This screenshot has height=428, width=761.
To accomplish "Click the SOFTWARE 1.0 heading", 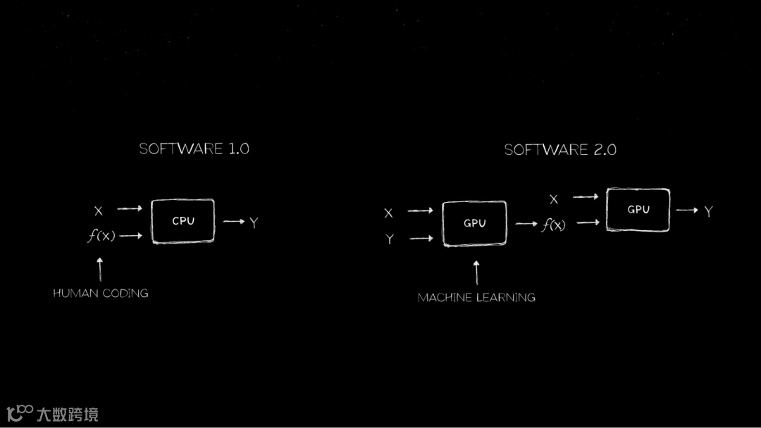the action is coord(194,149).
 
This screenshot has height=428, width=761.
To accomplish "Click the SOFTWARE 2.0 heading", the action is coord(560,149).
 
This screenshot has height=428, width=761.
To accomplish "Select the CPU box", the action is coord(183,221).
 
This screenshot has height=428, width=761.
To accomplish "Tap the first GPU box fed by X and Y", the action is coord(474,223).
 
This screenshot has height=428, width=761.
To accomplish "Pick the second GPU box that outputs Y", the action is coord(638,210).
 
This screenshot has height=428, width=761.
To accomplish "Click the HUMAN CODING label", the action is coord(101,293).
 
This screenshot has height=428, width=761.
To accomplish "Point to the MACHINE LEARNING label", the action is coord(476,297).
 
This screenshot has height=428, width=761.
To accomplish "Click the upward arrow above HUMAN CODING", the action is coord(100,269).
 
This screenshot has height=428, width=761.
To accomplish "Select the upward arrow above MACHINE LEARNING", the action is coord(476,272).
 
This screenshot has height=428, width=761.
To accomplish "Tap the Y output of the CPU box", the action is coord(254,222).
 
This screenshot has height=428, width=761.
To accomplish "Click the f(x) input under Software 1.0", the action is coord(101,236).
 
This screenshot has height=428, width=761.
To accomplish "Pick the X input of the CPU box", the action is coord(99,210).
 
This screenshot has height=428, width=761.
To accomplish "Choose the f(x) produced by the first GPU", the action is coord(553,225).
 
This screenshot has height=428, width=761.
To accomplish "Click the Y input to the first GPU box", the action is coord(389,239).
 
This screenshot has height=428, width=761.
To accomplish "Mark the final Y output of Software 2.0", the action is coord(708,210).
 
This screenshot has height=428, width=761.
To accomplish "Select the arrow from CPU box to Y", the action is coord(234,222).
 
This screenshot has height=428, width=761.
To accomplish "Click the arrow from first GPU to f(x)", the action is coord(526,224).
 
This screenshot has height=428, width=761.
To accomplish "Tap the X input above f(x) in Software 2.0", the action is coord(554,199).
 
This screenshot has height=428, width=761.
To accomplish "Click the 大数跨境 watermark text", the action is coord(68,414).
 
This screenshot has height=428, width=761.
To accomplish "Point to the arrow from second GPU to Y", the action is coord(686,210).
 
